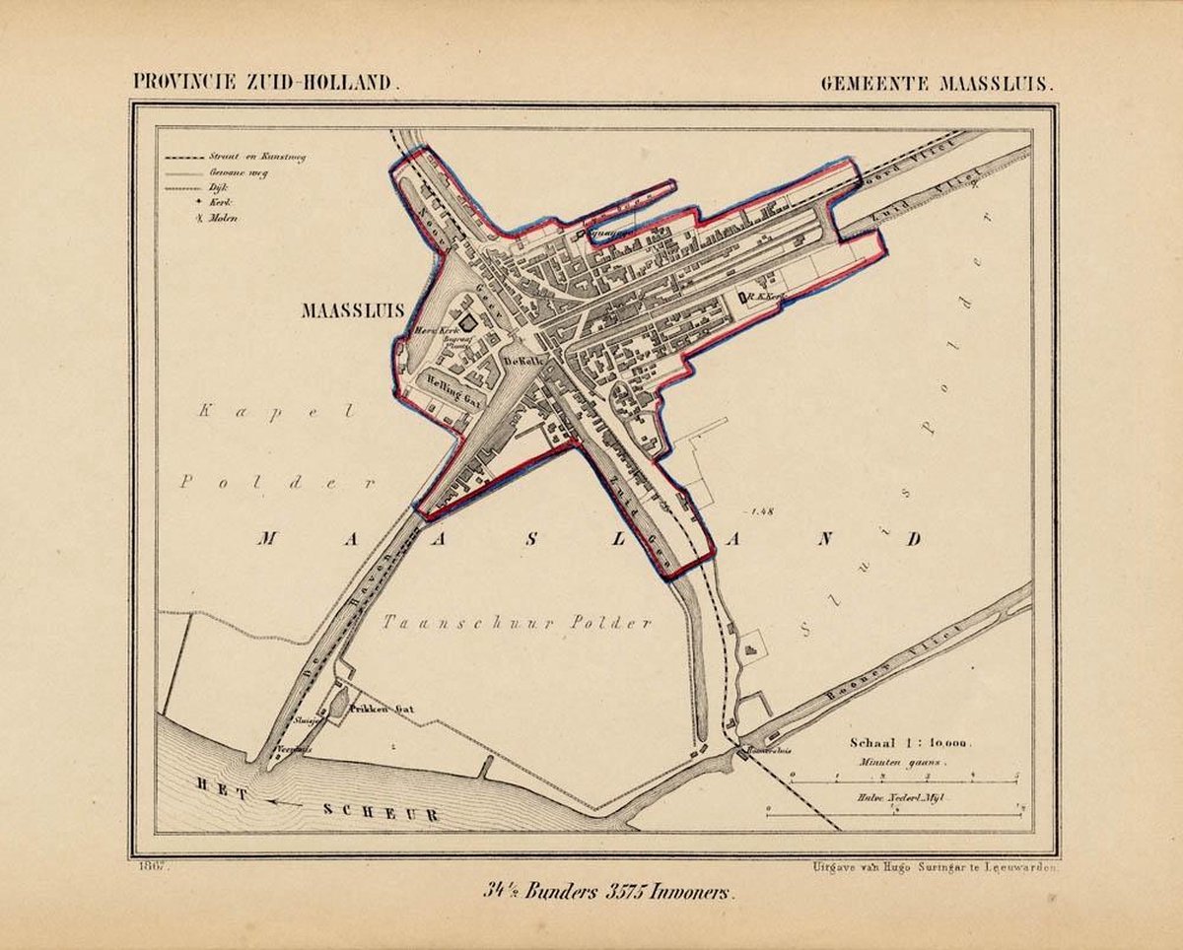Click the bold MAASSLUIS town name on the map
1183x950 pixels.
pos(353,310)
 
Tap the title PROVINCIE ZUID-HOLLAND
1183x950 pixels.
pos(266,84)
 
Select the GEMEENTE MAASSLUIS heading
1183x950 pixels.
pos(938,84)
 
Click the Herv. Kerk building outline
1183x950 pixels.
pos(466,322)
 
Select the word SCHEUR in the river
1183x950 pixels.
pos(381,813)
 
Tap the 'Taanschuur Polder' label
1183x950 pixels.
pos(517,622)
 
